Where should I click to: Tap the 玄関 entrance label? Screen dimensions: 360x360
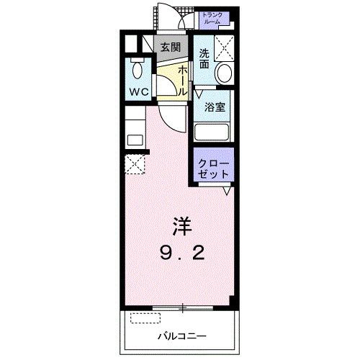point(170,48)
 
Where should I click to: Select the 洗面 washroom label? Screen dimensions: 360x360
point(204,58)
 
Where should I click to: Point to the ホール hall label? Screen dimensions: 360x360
point(183,80)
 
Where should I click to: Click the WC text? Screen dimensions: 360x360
point(139,92)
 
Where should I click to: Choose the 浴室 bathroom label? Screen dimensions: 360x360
point(213,109)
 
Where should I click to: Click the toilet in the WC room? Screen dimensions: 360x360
point(138,71)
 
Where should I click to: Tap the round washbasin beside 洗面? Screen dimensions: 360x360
point(224,73)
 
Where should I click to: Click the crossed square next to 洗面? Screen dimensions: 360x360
point(224,48)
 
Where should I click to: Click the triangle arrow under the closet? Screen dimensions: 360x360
point(226,191)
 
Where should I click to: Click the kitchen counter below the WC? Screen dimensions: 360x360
point(135,130)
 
